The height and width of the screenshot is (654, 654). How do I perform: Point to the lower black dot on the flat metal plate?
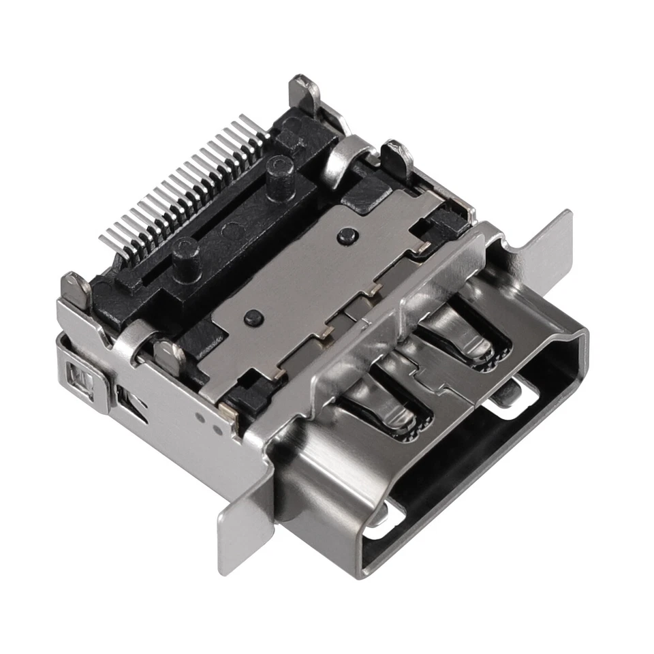pos(253,316)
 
